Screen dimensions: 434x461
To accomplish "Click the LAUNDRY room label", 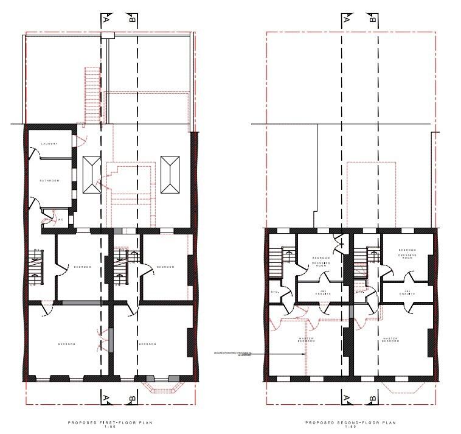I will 49,144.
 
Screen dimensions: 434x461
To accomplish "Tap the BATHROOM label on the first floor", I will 49,181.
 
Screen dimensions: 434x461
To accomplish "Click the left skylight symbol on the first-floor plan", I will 92,174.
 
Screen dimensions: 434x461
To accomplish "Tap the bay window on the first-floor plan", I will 160,385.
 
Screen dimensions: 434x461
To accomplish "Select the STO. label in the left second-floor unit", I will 274,292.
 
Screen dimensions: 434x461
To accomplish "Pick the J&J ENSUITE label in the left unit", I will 322,293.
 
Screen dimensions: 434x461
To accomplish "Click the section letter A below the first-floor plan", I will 106,398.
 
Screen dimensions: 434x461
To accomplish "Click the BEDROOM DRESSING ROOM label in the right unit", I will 407,253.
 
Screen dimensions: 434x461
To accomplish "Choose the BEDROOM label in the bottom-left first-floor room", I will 67,345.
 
